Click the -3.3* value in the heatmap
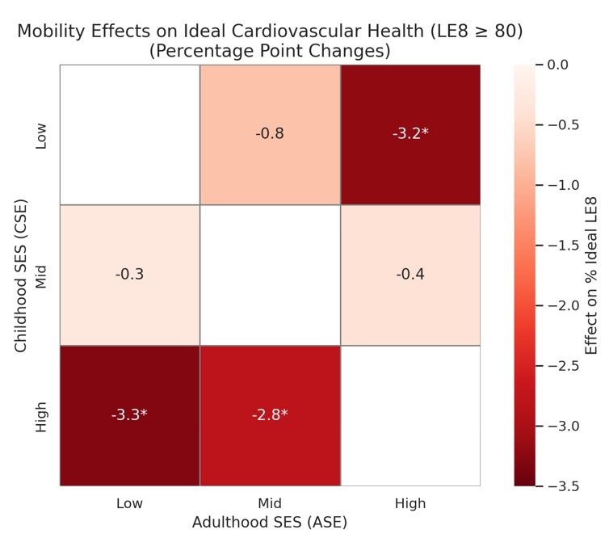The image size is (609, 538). point(129,415)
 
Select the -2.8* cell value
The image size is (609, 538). point(270,415)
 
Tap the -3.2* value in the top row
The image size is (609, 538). point(410,133)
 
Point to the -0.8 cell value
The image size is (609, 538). point(270,133)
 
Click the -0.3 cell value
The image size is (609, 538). point(129,275)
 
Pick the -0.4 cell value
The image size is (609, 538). point(410,275)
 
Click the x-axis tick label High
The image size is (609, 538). point(410,504)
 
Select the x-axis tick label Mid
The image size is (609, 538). point(270,504)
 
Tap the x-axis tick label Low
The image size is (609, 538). point(129,504)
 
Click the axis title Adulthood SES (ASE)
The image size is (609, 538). point(270,523)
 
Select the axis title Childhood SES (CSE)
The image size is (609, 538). point(20,275)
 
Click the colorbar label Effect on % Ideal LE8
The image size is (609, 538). point(592,275)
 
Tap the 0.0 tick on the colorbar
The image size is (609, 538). point(557,64)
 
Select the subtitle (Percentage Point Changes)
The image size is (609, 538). point(270,51)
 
